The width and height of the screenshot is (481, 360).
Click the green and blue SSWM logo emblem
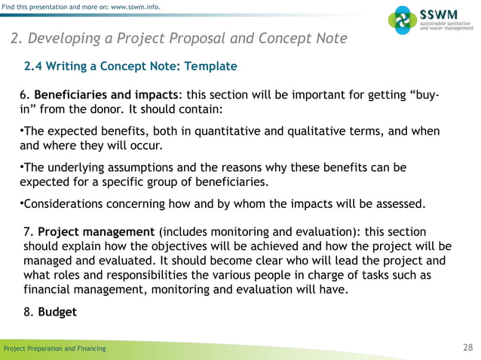coord(400,20)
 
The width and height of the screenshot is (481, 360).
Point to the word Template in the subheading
coord(209,66)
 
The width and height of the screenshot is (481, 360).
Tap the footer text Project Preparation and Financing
coord(54,348)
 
